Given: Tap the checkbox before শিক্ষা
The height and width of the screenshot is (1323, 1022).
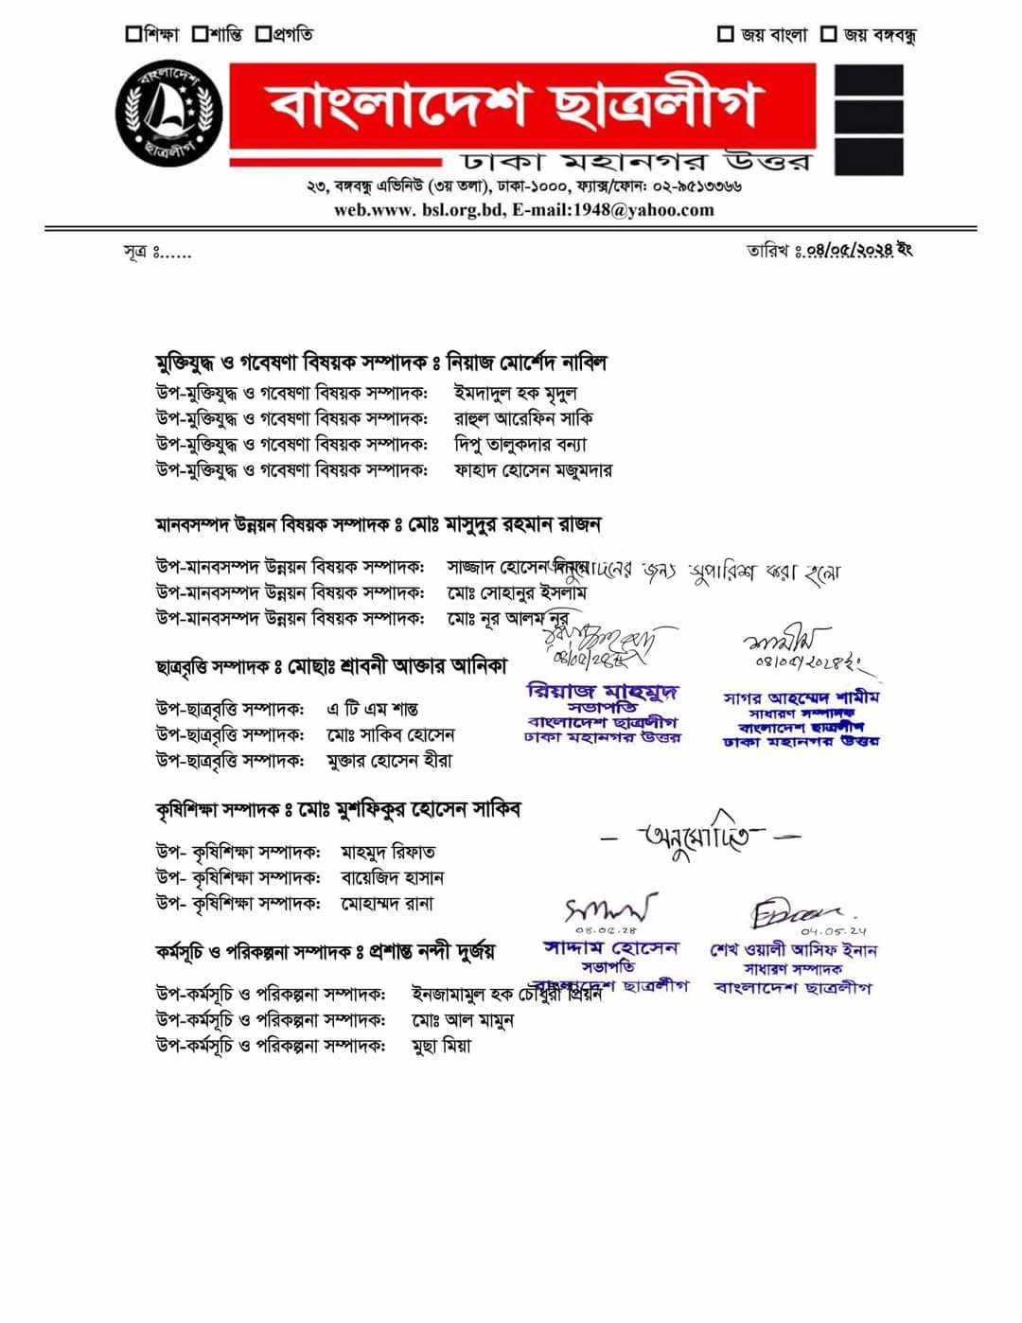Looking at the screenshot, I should coord(132,35).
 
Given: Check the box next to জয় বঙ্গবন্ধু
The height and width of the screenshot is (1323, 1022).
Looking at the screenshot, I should coord(828,35).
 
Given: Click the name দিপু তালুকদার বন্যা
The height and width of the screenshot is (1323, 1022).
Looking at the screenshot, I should coord(520,444).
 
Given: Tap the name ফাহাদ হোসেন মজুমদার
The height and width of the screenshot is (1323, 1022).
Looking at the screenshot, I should coord(533,469).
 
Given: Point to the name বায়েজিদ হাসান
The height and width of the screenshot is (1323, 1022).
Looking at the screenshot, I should coord(392,877).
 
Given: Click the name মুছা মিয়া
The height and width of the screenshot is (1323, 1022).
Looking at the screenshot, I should coord(441,1046).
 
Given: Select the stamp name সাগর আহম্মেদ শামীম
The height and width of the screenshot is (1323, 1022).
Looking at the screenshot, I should coord(801,697).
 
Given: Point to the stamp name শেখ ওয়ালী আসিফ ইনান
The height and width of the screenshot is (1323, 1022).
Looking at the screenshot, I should coord(793,950).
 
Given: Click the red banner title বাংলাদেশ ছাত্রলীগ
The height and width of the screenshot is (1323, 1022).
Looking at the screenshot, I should coord(515,105).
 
